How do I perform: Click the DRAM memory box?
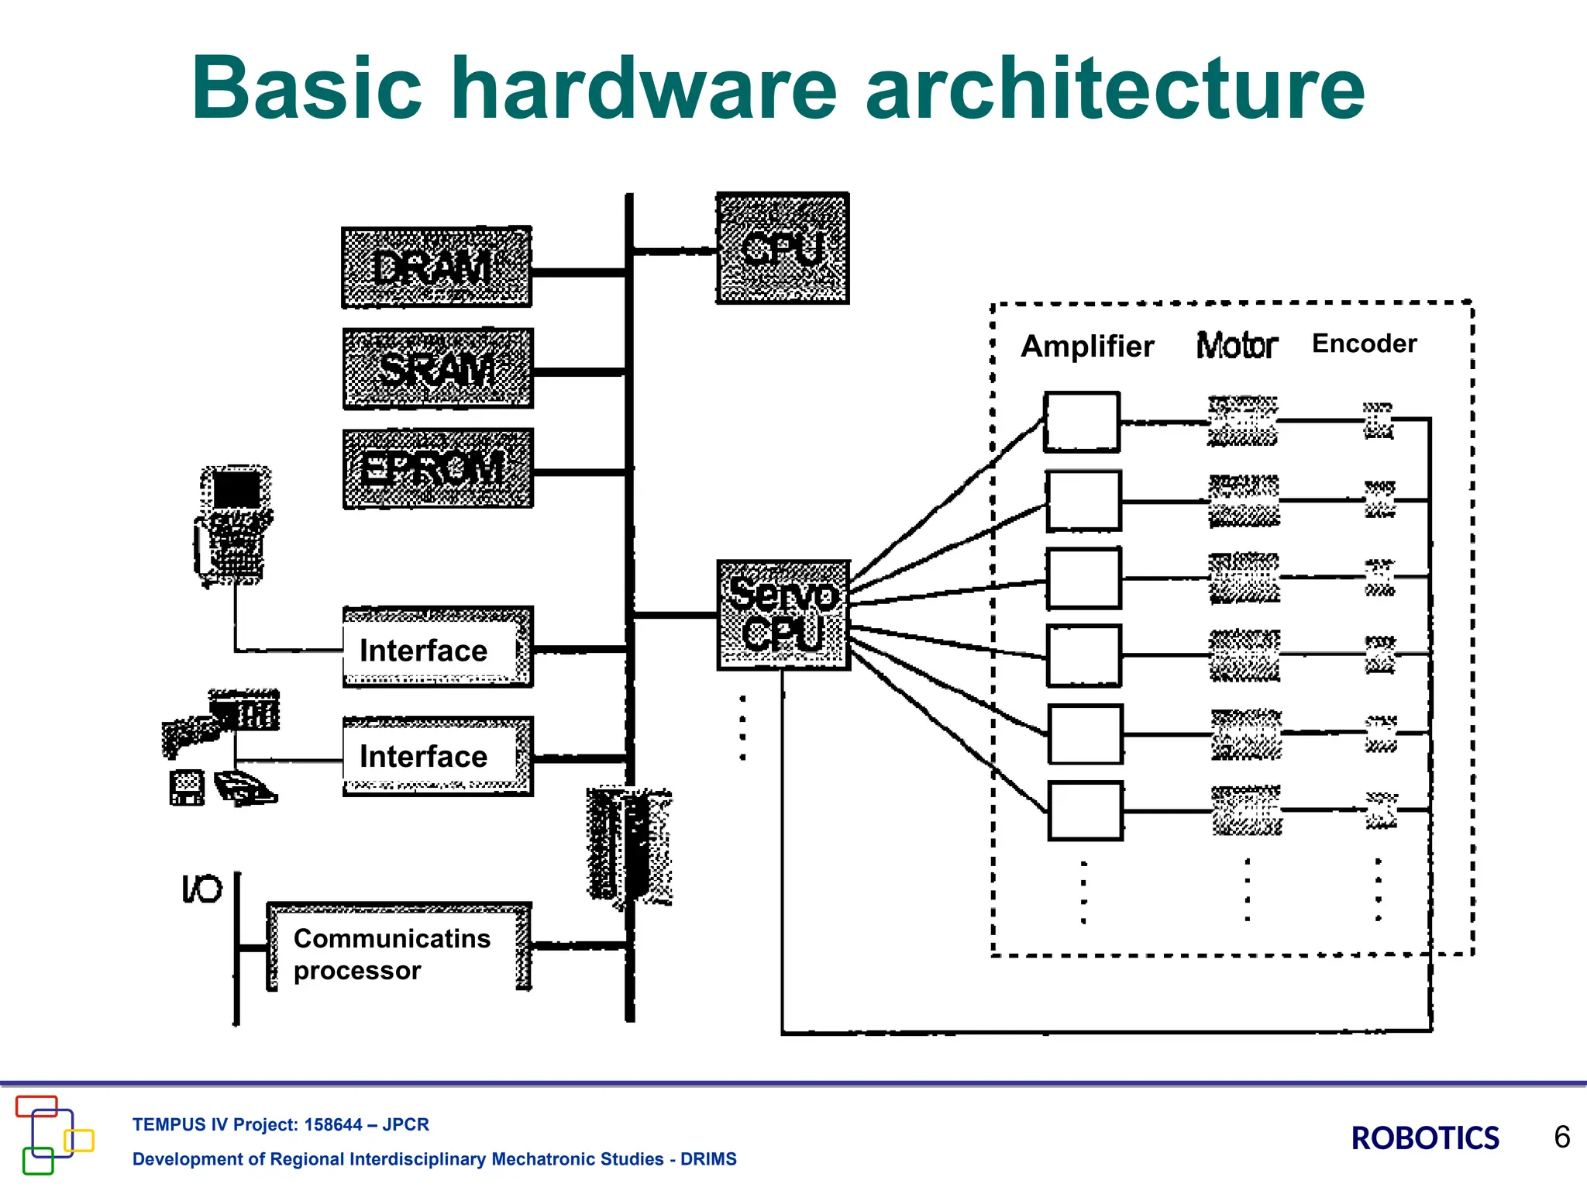(436, 268)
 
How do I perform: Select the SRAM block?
(438, 368)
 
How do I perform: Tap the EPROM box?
(438, 468)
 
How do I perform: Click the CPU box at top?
(782, 248)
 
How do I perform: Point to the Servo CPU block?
(783, 615)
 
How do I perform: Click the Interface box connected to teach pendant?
(437, 648)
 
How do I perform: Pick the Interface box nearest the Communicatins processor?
(437, 756)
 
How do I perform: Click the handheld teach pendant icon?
(232, 523)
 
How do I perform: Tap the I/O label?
(201, 889)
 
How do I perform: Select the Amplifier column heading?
(1087, 346)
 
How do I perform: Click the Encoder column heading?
(1364, 343)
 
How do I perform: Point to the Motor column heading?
(1236, 346)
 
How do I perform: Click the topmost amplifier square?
(1082, 422)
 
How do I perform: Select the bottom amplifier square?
(1085, 811)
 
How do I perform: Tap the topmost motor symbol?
(1242, 421)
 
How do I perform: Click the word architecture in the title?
(1114, 88)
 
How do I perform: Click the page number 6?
(1561, 1137)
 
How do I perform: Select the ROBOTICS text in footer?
(1424, 1138)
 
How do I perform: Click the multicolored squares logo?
(53, 1134)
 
